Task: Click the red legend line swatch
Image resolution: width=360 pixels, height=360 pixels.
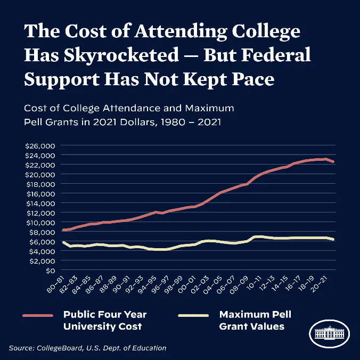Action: click(38, 315)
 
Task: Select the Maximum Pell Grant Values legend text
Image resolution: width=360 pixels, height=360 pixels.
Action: click(255, 320)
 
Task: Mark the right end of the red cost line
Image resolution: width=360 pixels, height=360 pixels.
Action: click(333, 162)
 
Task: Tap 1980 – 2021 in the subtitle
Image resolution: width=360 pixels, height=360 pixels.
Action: click(186, 122)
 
